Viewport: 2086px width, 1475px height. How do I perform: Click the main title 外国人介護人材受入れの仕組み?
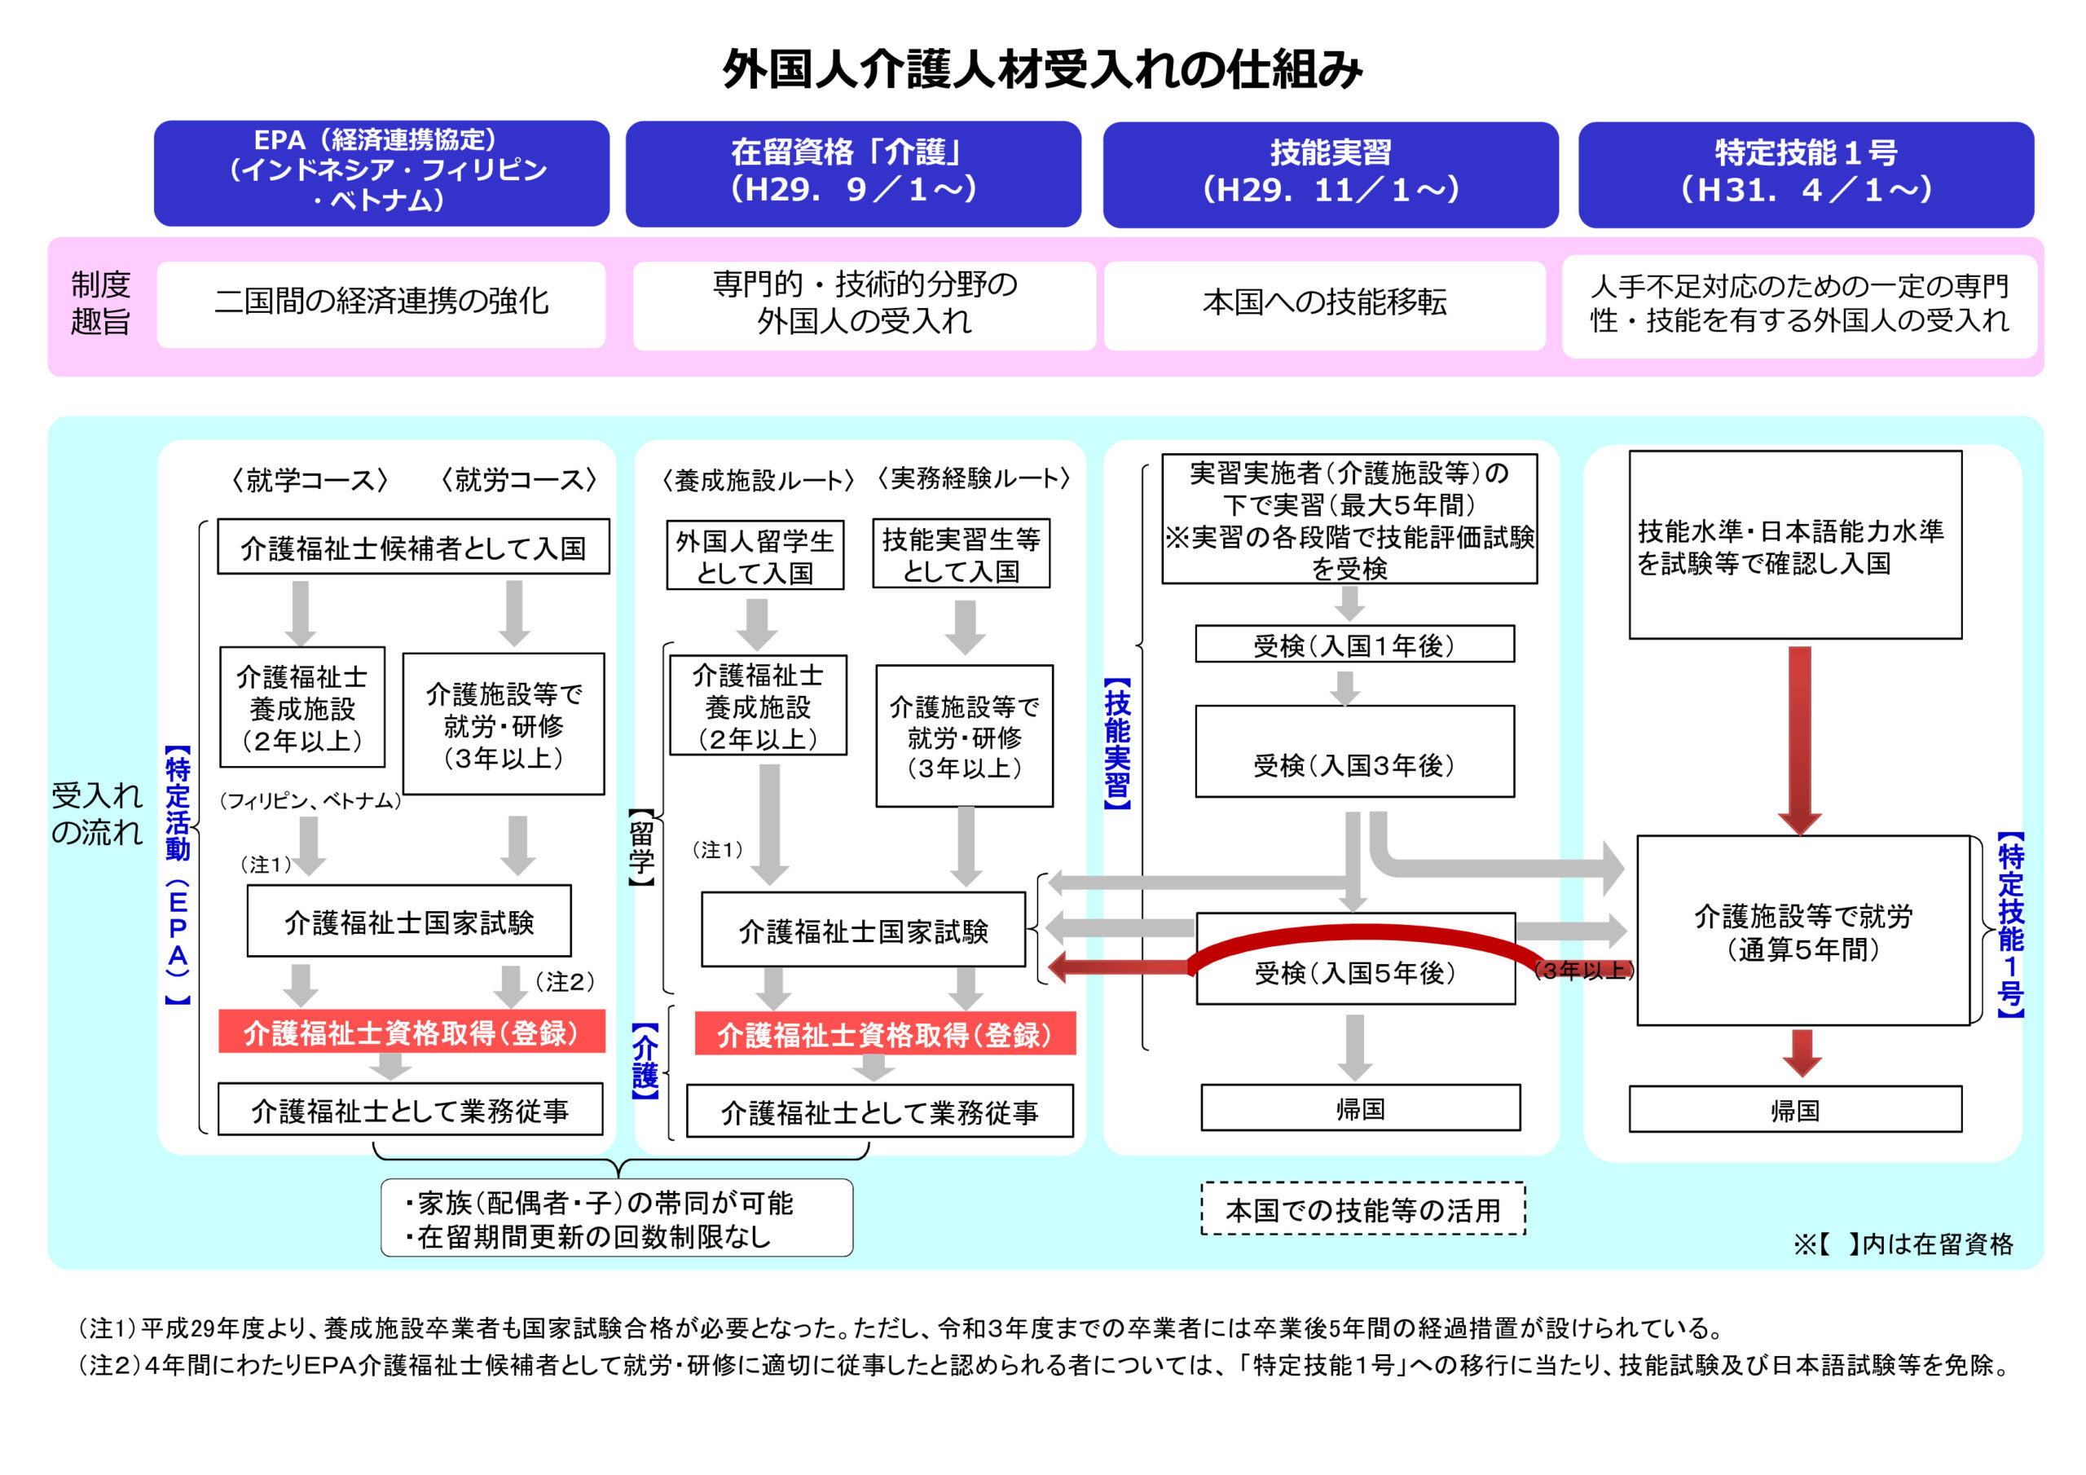(1041, 69)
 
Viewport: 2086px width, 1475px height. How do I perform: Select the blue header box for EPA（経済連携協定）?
(381, 173)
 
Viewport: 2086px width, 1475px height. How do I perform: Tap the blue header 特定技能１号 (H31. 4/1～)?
(1805, 174)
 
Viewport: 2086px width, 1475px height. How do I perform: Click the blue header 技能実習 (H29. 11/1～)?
(1330, 174)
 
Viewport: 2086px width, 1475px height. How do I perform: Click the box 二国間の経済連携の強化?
(381, 303)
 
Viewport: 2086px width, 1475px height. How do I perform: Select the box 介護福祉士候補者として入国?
(413, 547)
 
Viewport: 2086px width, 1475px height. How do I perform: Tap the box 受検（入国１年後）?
(1353, 645)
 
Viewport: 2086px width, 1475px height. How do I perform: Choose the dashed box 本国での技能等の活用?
(1362, 1209)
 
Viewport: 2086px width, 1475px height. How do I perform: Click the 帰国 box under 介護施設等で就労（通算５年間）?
(1794, 1109)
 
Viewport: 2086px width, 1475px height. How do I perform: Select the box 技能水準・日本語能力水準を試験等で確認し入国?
(1794, 545)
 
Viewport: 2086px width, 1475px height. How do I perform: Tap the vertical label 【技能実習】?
(1117, 742)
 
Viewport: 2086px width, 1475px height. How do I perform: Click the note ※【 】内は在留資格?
(1903, 1244)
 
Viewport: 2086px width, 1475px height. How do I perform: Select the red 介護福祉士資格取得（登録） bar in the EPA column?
(411, 1032)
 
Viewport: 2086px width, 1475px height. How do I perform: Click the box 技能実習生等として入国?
(961, 554)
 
